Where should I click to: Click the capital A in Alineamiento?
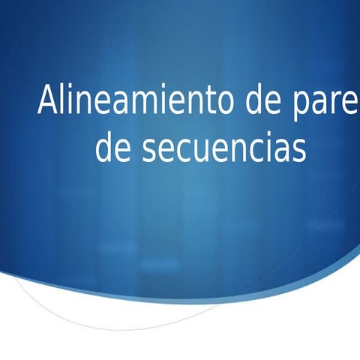tap(47, 100)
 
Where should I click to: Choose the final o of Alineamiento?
tap(228, 103)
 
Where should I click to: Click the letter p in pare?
tap(297, 105)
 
